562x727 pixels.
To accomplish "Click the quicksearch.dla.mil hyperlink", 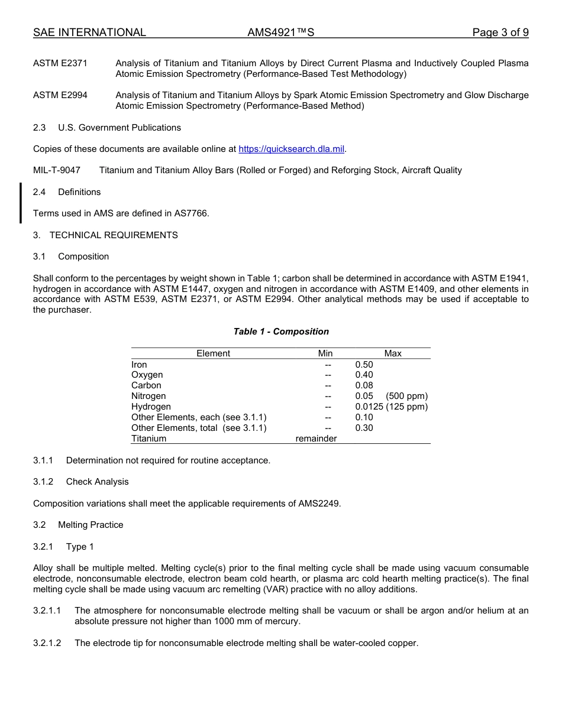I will (x=291, y=149).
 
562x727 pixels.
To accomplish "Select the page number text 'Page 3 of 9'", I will (x=500, y=33).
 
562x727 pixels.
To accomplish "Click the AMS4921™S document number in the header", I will (x=280, y=33).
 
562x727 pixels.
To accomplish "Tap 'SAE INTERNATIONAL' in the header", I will (x=89, y=33).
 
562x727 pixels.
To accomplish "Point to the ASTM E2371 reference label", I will (x=60, y=63).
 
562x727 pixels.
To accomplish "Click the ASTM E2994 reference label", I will (x=60, y=95).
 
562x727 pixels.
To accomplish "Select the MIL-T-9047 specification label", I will (x=57, y=170).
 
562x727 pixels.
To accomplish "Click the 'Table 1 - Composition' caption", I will (x=281, y=332).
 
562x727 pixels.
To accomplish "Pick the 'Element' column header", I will (x=213, y=353).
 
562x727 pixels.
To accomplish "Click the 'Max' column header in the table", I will (x=393, y=353).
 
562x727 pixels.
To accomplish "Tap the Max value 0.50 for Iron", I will (x=364, y=365).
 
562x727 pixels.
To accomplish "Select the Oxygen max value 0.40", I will (x=364, y=375).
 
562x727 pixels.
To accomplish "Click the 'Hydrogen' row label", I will (x=151, y=407).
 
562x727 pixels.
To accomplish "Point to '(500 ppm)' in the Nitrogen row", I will (x=406, y=396).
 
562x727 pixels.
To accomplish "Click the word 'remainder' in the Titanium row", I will (x=316, y=439).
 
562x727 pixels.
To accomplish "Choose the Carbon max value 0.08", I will (x=364, y=385).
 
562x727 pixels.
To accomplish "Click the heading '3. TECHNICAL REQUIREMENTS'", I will (x=105, y=235).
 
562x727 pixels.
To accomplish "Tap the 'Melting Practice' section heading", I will (x=91, y=525).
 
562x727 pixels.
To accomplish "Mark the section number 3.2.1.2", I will (x=47, y=643).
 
